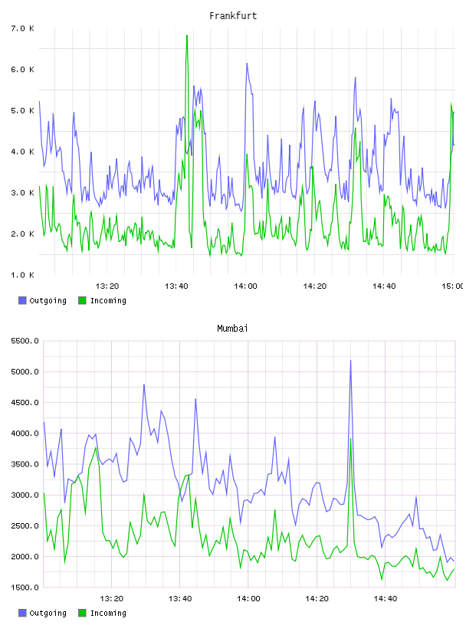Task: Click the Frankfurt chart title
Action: [x=233, y=16]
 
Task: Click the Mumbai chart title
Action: [x=232, y=329]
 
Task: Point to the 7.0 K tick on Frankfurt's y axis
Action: [x=23, y=28]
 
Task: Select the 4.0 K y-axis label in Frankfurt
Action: [x=23, y=152]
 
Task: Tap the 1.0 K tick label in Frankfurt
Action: [x=23, y=275]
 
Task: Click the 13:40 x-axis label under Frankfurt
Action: [x=176, y=286]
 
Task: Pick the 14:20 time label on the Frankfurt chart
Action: [x=315, y=286]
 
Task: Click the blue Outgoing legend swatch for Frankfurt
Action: [x=22, y=300]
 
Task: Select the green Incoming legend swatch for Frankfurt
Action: [x=82, y=300]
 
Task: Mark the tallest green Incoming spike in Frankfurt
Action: [x=187, y=36]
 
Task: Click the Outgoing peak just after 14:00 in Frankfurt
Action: [x=247, y=64]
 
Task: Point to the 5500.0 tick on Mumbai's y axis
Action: [x=25, y=341]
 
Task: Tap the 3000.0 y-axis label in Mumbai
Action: [x=25, y=495]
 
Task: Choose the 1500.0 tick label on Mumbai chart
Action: [x=25, y=587]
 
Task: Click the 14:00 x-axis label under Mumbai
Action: [x=248, y=598]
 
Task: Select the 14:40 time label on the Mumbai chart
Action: [x=386, y=598]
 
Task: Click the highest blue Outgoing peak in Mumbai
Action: [x=351, y=361]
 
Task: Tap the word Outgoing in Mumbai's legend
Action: [x=48, y=613]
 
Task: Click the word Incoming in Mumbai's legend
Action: [x=108, y=613]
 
